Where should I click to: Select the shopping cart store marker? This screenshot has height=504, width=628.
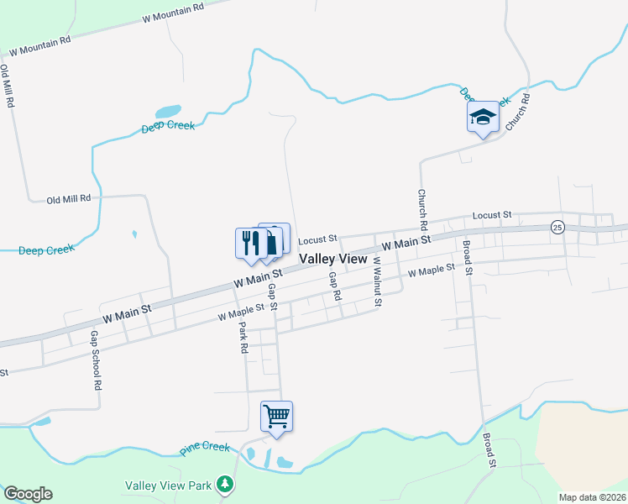(276, 416)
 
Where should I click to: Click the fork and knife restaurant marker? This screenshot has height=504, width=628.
(250, 243)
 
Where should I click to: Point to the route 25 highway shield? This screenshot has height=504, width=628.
(557, 228)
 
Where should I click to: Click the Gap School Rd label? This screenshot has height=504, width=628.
(96, 360)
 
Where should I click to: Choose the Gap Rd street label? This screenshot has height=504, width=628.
(335, 286)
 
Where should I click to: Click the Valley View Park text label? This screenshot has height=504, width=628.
(168, 486)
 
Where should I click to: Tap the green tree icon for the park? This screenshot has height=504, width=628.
(224, 484)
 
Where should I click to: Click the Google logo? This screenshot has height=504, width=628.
(28, 494)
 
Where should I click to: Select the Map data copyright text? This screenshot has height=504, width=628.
(592, 497)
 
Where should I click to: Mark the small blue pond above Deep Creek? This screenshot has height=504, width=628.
(168, 112)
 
